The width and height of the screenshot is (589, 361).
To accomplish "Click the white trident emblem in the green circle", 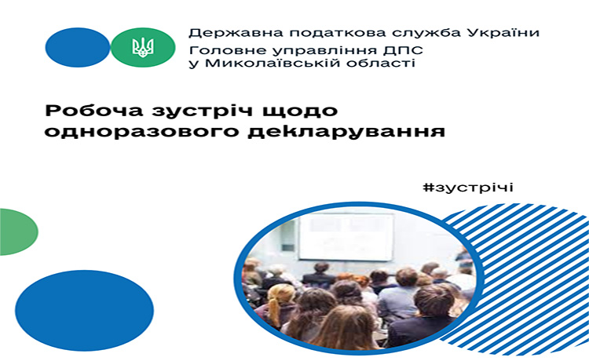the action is (x=143, y=47).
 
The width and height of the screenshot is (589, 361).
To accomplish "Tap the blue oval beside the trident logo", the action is (x=78, y=47).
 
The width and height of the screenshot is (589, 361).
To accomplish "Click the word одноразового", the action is (x=142, y=132).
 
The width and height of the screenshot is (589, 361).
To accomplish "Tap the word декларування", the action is (x=346, y=132).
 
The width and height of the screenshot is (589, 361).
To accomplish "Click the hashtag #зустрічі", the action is (x=468, y=188).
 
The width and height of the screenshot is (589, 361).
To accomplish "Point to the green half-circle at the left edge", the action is (x=19, y=232).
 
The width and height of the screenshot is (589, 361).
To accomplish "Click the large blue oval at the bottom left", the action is (x=85, y=310).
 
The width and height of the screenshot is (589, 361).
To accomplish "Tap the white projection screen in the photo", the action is (x=346, y=236).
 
